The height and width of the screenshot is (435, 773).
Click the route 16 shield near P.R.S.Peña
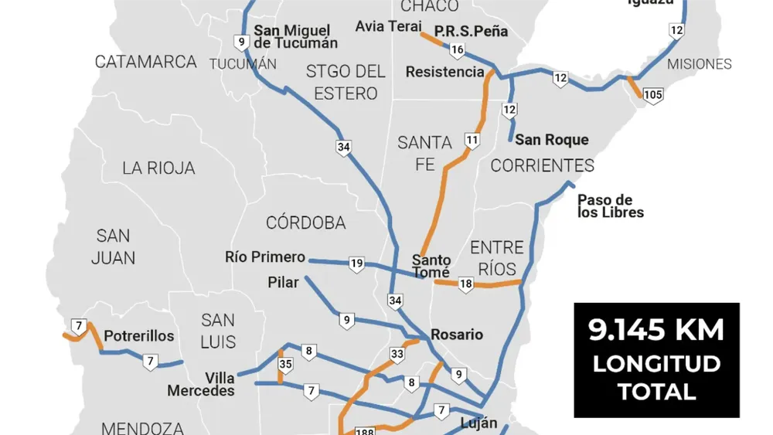[457, 50]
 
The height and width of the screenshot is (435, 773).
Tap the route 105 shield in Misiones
[653, 96]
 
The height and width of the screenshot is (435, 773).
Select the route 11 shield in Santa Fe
[472, 140]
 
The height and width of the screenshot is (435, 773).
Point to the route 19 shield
[356, 264]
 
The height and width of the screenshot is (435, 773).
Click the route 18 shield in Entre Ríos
[465, 284]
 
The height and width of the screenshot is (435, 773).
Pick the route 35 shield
[285, 365]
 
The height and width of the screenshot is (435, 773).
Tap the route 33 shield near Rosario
[397, 354]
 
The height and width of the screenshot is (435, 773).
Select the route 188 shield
[364, 430]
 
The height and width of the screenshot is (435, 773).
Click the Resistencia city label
[444, 72]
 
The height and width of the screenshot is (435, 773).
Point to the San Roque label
[551, 140]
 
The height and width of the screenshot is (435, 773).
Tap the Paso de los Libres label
[610, 206]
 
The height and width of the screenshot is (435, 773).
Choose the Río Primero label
[265, 257]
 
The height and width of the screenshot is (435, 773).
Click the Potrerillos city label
[139, 336]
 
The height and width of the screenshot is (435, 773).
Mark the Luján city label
[478, 423]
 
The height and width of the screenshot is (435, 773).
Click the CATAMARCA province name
[146, 62]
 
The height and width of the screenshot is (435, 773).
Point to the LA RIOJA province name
[158, 168]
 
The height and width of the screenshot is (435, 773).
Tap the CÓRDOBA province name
[305, 223]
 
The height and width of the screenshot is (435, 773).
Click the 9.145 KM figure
[656, 331]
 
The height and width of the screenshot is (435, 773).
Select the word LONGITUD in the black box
[656, 364]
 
